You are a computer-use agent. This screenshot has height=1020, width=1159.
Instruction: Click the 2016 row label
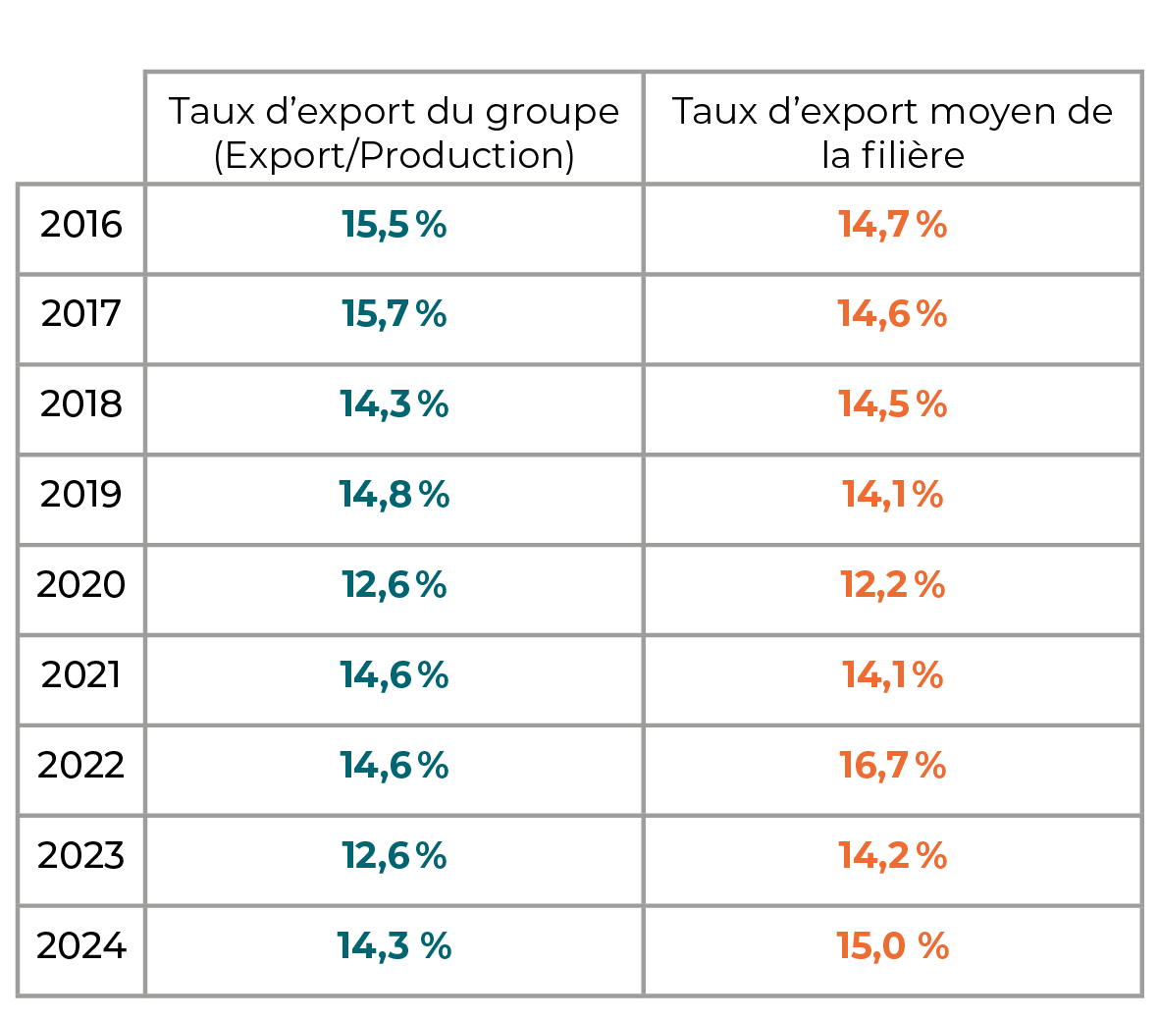coord(80,224)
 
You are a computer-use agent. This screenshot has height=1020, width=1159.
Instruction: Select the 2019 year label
coord(80,494)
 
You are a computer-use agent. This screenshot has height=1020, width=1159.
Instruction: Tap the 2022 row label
coord(80,765)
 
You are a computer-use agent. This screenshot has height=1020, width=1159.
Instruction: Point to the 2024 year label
coord(80,945)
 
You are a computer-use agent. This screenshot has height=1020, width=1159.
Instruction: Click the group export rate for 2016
coord(394,224)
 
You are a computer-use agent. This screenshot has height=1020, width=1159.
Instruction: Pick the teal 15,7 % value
coord(394,313)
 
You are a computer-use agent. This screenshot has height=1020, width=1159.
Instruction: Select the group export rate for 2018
coord(394,403)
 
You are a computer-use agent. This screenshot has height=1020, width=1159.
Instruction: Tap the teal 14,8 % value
coord(394,494)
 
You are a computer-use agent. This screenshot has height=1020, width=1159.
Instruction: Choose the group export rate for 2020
coord(394,584)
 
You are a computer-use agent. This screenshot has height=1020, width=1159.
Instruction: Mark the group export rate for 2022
coord(394,765)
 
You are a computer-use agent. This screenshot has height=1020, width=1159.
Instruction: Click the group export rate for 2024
coord(394,945)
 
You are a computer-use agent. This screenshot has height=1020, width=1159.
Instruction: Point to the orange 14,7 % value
coord(893,224)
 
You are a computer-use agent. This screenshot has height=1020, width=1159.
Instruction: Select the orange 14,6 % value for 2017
coord(893,313)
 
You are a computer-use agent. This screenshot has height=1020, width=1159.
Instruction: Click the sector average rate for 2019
coord(893,494)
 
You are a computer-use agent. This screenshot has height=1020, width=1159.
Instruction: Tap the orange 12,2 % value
coord(893,584)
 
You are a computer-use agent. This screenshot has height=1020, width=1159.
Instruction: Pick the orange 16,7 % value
coord(893,765)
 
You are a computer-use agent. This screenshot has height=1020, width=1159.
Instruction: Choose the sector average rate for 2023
coord(893,855)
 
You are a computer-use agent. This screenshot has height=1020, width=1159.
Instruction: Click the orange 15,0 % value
coord(893,945)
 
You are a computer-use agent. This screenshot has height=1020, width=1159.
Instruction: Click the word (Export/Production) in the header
coord(394,155)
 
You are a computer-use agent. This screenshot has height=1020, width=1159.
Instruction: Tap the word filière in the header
coord(913,154)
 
